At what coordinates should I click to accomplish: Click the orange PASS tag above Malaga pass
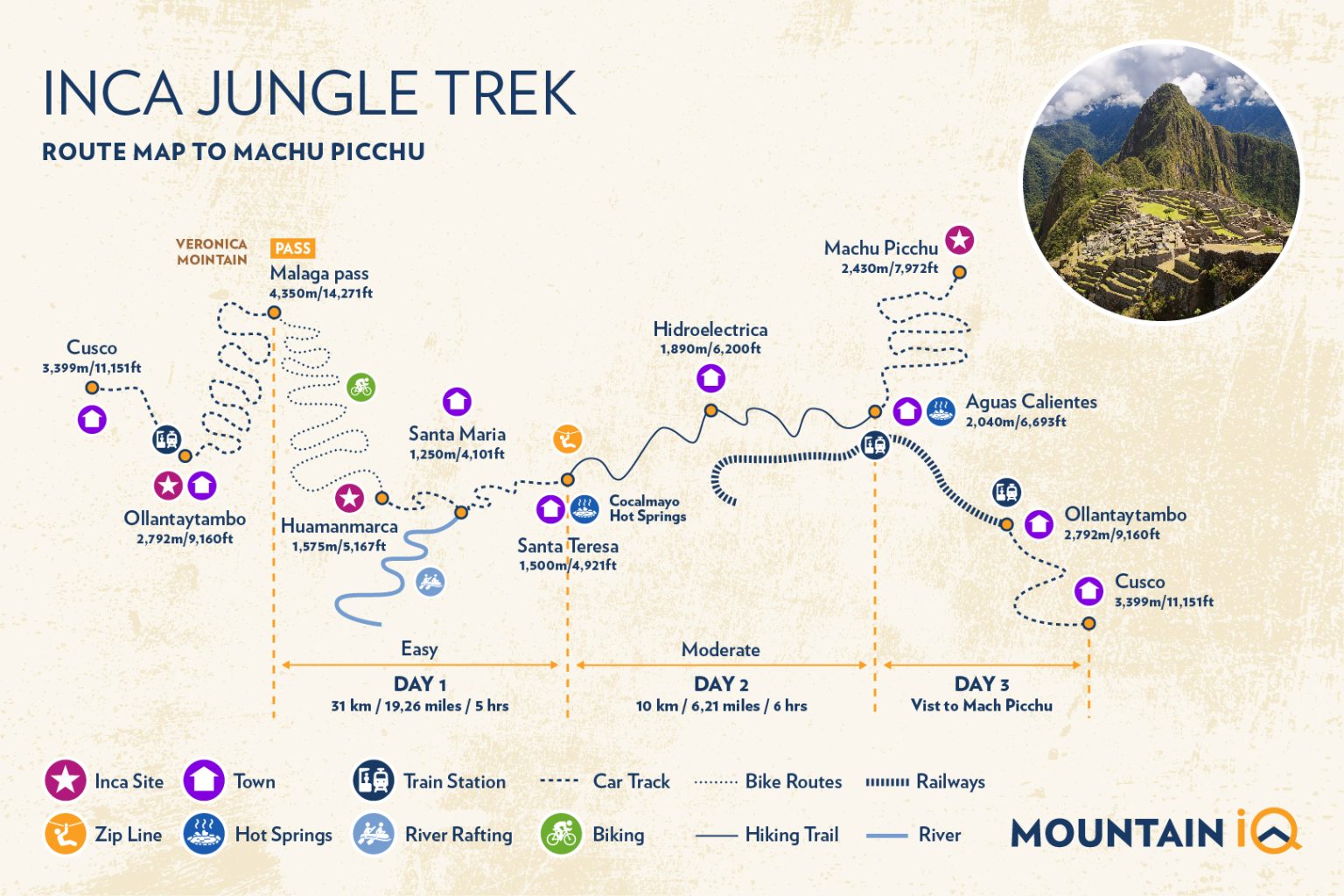tap(292, 248)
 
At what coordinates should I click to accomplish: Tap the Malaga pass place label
tap(319, 274)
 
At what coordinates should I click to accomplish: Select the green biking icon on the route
tap(360, 386)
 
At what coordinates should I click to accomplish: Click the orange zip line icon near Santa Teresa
tap(567, 438)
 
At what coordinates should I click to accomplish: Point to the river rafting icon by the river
tap(430, 581)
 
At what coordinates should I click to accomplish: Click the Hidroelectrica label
tap(710, 330)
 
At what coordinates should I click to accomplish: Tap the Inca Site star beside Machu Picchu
tap(959, 240)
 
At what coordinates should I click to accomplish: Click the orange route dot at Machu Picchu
tap(959, 272)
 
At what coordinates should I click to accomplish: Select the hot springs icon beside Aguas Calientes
tap(941, 410)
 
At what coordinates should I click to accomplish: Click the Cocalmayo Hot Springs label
tap(647, 508)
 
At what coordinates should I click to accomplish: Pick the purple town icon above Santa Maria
tap(457, 402)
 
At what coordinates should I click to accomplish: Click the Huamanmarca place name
tap(339, 527)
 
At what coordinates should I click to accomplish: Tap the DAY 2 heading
tap(721, 684)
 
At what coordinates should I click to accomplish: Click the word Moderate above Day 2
tap(720, 650)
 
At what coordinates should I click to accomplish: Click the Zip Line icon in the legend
tap(66, 834)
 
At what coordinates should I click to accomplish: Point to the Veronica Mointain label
tap(212, 252)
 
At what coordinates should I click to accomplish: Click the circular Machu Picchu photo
tap(1161, 182)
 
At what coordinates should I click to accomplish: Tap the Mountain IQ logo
tap(1155, 831)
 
